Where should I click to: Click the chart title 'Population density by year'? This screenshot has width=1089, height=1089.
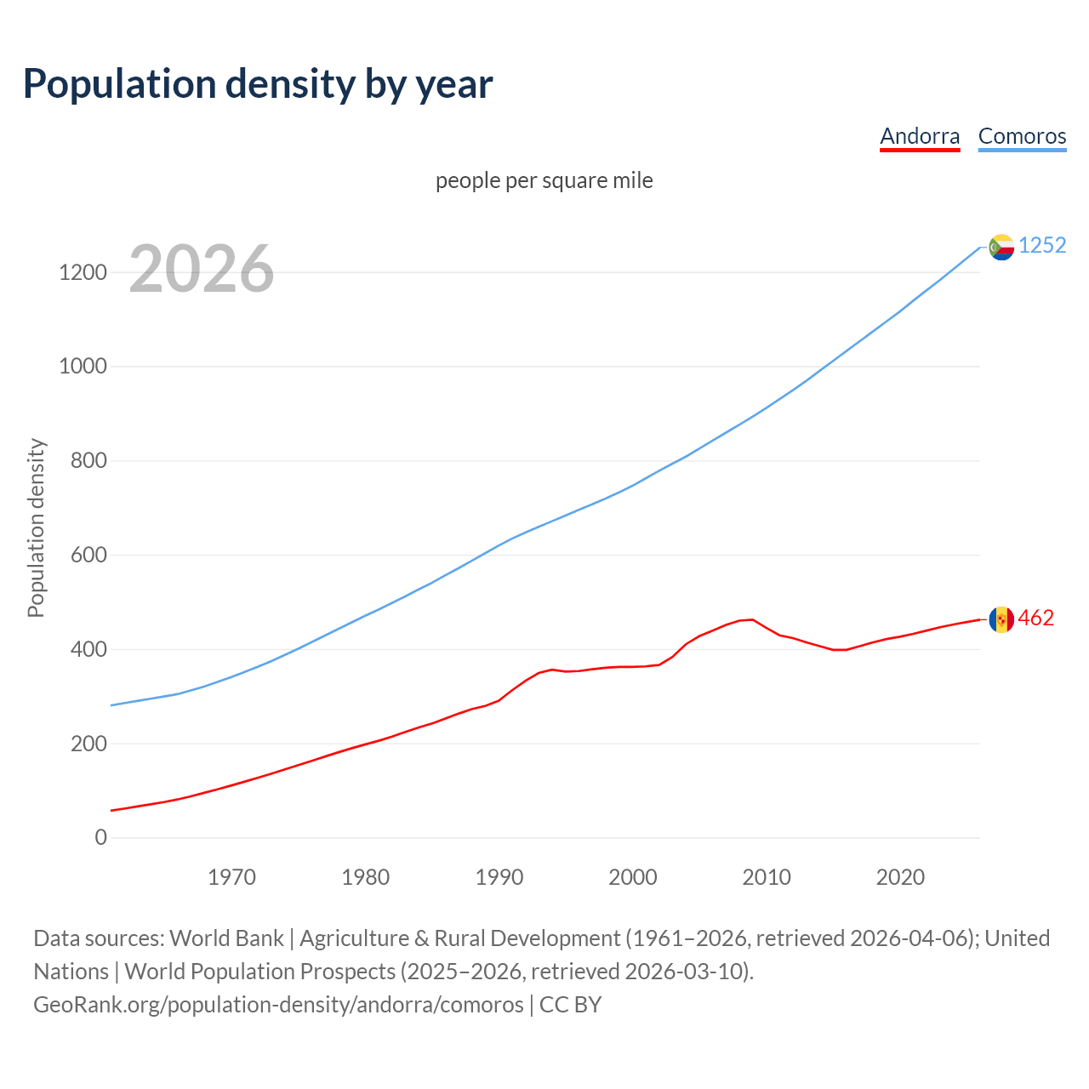pyautogui.click(x=258, y=84)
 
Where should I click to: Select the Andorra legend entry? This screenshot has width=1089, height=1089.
pyautogui.click(x=920, y=136)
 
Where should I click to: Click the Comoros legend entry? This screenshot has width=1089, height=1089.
pyautogui.click(x=1022, y=136)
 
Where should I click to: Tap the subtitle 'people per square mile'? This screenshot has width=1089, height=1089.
pyautogui.click(x=544, y=181)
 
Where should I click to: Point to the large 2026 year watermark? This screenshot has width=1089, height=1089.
pyautogui.click(x=202, y=269)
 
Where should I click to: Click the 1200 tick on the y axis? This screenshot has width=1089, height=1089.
pyautogui.click(x=83, y=273)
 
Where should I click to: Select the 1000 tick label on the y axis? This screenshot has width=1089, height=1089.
pyautogui.click(x=83, y=367)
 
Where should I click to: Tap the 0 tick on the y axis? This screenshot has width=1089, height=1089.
pyautogui.click(x=101, y=838)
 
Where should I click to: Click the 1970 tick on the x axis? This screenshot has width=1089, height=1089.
pyautogui.click(x=231, y=877)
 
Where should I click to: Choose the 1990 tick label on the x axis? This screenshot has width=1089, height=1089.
pyautogui.click(x=499, y=877)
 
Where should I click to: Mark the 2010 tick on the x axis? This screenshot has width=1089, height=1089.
pyautogui.click(x=767, y=877)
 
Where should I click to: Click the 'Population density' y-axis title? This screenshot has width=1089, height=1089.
pyautogui.click(x=36, y=527)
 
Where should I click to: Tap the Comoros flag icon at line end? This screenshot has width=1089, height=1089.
pyautogui.click(x=1001, y=247)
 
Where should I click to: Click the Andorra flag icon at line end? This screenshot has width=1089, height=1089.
pyautogui.click(x=1001, y=619)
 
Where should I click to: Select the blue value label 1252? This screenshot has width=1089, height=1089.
pyautogui.click(x=1042, y=246)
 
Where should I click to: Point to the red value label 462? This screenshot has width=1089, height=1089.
pyautogui.click(x=1035, y=619)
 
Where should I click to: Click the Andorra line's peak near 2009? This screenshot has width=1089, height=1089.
pyautogui.click(x=752, y=619)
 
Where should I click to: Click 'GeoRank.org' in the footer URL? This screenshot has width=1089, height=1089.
pyautogui.click(x=98, y=1005)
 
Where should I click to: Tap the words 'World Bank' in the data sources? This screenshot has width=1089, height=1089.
pyautogui.click(x=226, y=938)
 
